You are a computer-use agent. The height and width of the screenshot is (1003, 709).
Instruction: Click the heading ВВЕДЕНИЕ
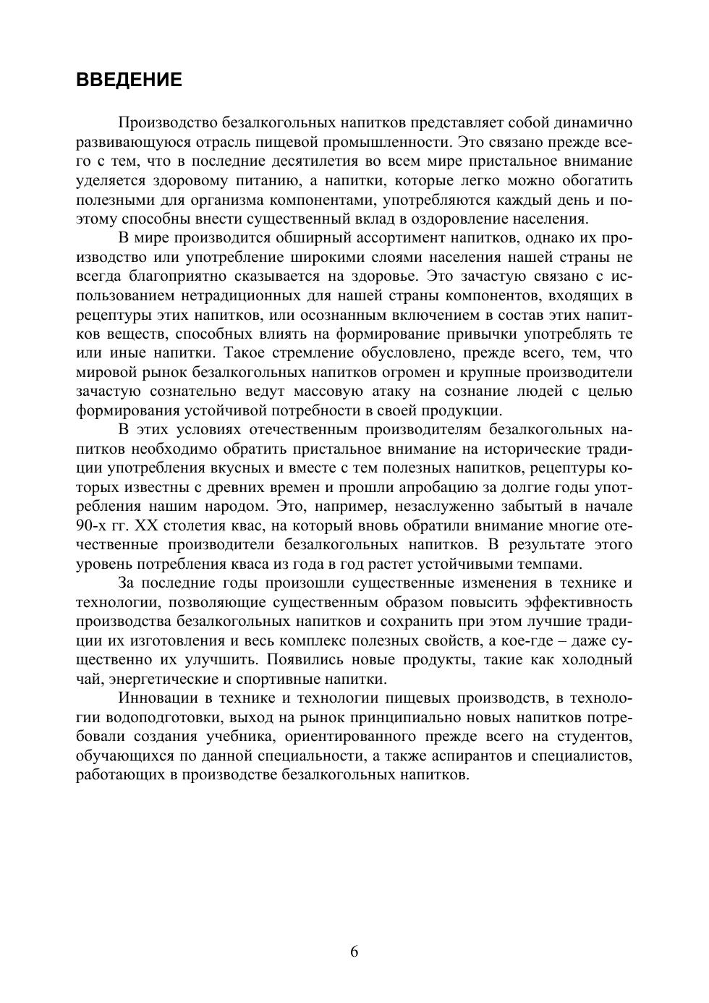[129, 80]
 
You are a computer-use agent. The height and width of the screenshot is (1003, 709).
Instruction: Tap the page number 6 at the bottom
[354, 952]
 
